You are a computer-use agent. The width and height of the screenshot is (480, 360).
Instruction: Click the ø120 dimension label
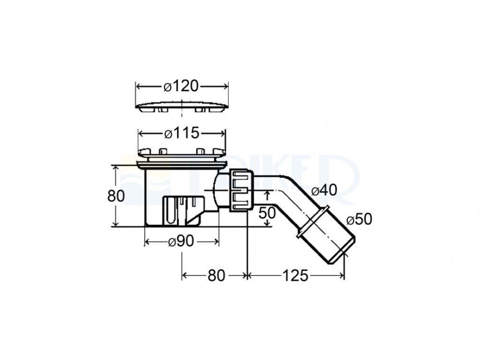pos(181,86)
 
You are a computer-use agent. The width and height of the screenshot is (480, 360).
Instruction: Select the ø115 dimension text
pos(182,134)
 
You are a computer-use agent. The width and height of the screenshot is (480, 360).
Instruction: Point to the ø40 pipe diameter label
pos(324,191)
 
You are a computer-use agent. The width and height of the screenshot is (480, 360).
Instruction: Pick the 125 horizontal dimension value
pos(295,276)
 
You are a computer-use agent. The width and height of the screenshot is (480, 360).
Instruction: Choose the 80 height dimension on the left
pos(116,195)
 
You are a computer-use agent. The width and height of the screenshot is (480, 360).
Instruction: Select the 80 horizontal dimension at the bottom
pos(216,276)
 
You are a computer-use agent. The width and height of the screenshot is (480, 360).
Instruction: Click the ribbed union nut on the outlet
pos(241,191)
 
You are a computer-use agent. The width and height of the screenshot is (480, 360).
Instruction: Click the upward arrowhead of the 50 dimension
pos(267,192)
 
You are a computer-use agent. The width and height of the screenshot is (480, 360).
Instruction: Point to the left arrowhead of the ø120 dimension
pos(139,86)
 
